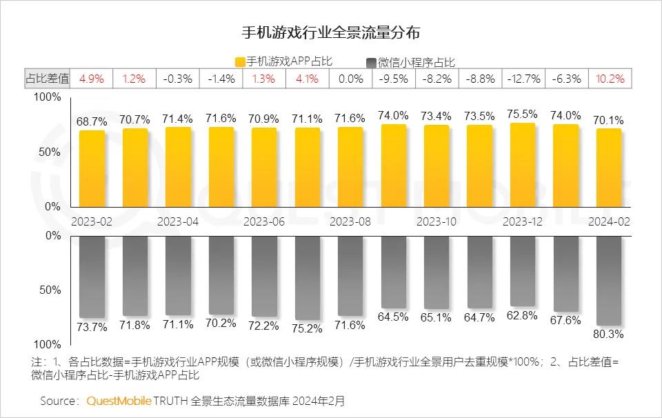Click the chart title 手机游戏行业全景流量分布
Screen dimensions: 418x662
point(331,32)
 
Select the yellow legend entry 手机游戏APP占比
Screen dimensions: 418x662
point(283,61)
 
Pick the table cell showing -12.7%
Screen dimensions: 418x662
point(523,79)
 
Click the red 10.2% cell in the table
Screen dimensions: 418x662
point(610,79)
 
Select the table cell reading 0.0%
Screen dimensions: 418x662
point(350,79)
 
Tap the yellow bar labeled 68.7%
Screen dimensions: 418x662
point(92,169)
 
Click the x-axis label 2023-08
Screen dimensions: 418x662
point(350,222)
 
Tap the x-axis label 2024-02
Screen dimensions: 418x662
point(610,222)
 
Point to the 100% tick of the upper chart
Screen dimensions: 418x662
point(48,97)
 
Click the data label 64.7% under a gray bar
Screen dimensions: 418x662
point(480,317)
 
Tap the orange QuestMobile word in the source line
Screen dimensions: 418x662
point(119,401)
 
